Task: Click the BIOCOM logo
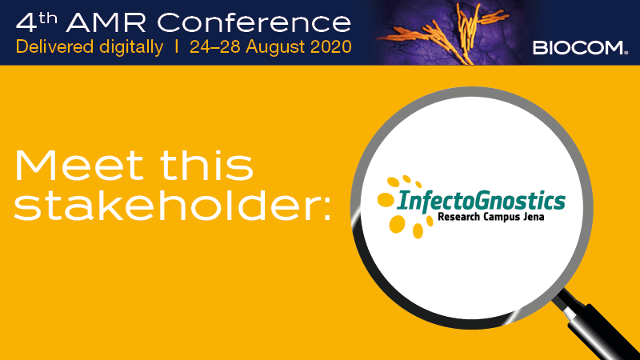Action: click(x=580, y=48)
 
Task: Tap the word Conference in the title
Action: click(x=254, y=22)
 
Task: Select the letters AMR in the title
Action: click(x=106, y=22)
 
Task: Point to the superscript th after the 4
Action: click(x=48, y=18)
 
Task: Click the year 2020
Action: click(x=331, y=46)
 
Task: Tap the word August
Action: click(x=275, y=47)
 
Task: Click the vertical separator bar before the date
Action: click(x=176, y=46)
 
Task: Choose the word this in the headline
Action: click(x=206, y=166)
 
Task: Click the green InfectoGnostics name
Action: click(x=481, y=202)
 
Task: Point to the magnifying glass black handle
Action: click(x=603, y=326)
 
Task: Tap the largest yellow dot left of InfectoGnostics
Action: click(x=397, y=224)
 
